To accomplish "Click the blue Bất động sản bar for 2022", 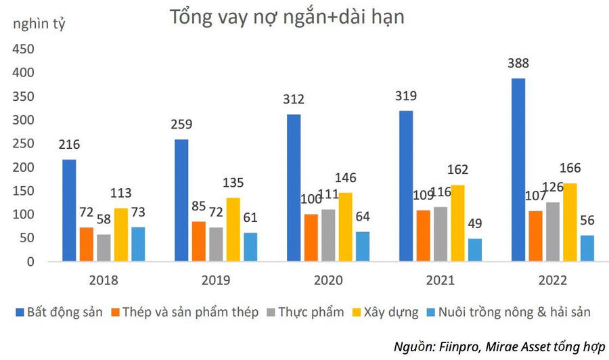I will pyautogui.click(x=518, y=169).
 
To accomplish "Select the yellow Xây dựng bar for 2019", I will pyautogui.click(x=233, y=229).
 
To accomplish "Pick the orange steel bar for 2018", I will pyautogui.click(x=86, y=244).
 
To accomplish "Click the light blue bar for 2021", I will pyautogui.click(x=474, y=249).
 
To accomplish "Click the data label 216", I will pyautogui.click(x=69, y=145).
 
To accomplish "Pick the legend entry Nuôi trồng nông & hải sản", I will pyautogui.click(x=514, y=313).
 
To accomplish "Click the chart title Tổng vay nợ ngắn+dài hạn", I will pyautogui.click(x=287, y=18).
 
